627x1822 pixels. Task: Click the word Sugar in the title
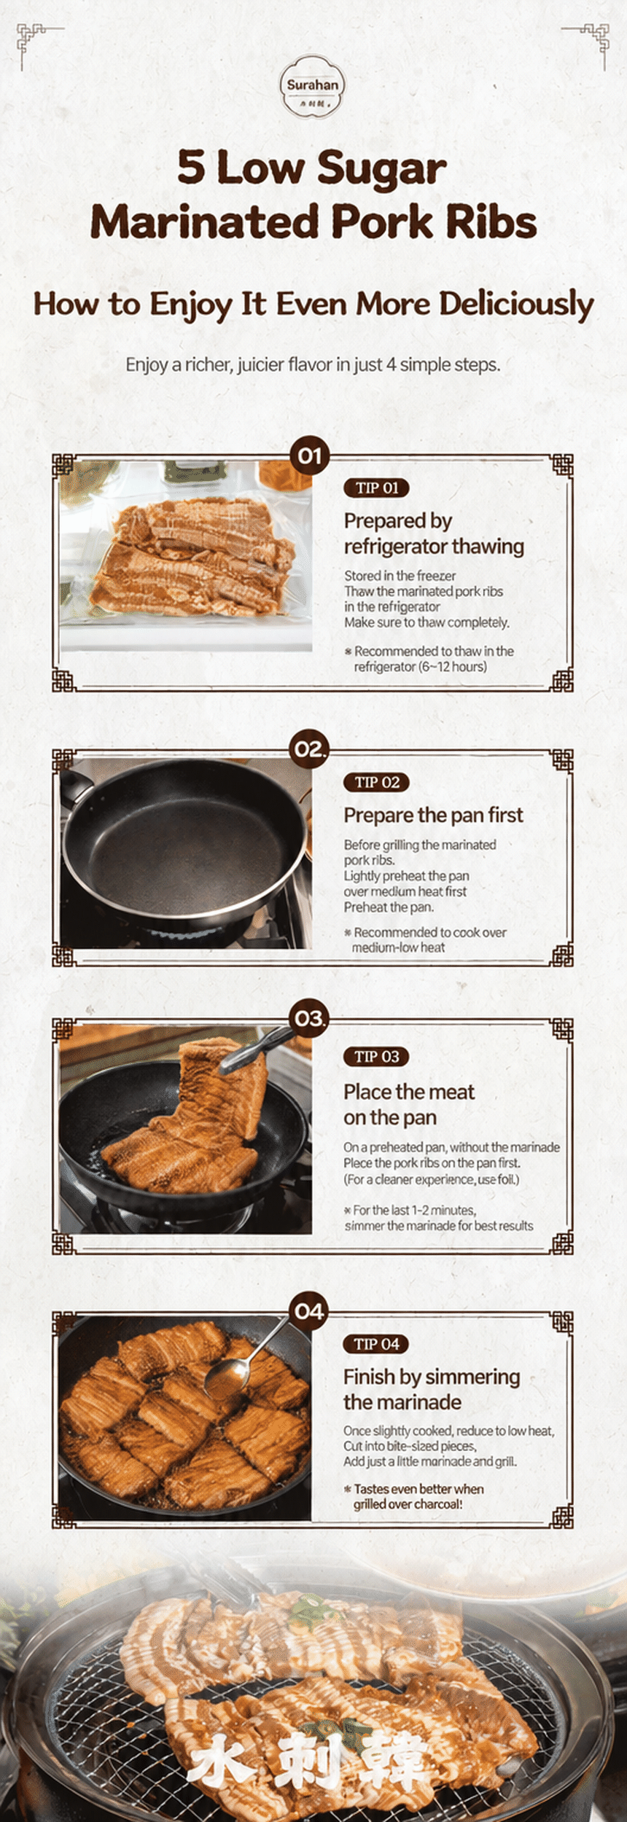(x=381, y=168)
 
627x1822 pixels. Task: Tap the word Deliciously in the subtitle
(x=516, y=305)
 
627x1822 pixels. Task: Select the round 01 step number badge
(x=310, y=456)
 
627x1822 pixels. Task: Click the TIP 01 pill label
(x=376, y=488)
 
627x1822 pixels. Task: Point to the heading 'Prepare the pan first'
(x=433, y=815)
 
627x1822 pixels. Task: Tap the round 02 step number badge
(x=310, y=748)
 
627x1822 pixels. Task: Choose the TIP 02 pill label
(x=376, y=782)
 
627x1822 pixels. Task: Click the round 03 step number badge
(x=310, y=1018)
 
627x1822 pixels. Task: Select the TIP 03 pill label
(x=376, y=1056)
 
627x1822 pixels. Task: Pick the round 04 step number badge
(x=310, y=1312)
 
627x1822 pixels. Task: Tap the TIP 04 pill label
(x=376, y=1344)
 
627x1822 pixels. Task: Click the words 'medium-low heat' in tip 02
(x=398, y=947)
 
